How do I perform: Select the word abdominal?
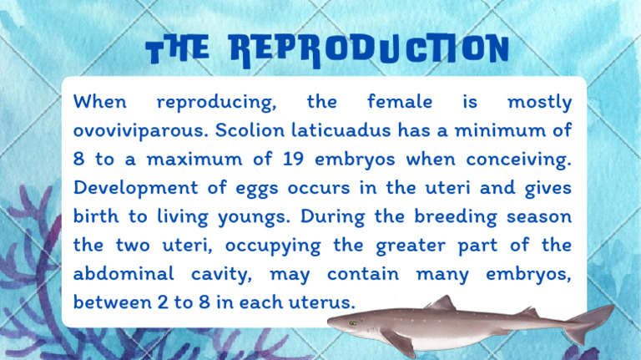pos(124,273)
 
